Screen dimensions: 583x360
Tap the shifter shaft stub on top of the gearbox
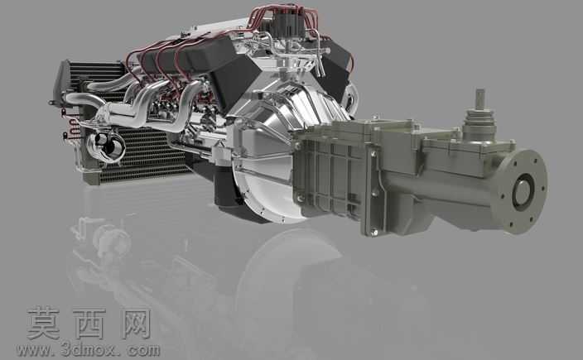[x=480, y=98]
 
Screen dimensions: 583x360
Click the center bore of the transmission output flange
[x=523, y=193]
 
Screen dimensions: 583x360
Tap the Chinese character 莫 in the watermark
[x=44, y=323]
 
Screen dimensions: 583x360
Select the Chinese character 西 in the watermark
[x=89, y=323]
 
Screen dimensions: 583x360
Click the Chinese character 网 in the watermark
[x=136, y=323]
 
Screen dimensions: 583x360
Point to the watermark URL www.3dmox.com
[x=88, y=349]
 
